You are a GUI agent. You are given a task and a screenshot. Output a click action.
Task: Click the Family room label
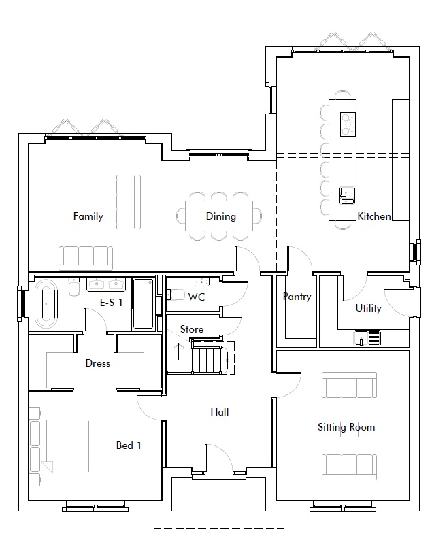pos(88,216)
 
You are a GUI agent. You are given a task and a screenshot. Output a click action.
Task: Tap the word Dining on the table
pos(221,216)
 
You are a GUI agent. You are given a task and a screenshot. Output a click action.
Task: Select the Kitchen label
pos(374,216)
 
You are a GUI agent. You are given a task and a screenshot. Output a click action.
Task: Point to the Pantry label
pos(297,297)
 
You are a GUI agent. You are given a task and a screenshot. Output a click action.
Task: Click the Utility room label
pos(369,308)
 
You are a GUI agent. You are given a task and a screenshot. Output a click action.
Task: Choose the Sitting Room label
pos(346,427)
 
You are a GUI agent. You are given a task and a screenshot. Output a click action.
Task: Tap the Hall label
pos(220,411)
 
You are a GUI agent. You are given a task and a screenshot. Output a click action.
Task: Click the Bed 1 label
pos(129,445)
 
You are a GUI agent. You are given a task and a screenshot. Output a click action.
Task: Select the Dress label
pos(98,363)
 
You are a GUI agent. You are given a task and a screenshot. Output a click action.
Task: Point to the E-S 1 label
pos(111,302)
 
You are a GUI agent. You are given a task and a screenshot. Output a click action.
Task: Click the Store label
pos(192,329)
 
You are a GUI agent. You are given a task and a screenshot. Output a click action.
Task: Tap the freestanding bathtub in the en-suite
pos(47,303)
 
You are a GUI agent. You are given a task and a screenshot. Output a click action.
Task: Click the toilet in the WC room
pos(176,295)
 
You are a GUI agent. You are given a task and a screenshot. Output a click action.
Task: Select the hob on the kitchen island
pos(348,124)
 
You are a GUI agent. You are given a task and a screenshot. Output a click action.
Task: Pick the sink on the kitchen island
pos(347,196)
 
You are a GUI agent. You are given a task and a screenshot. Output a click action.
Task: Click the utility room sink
pos(367,338)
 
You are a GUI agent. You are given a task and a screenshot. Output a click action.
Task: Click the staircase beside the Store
pos(207,357)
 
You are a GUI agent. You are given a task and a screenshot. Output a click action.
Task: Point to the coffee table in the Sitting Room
pos(349,429)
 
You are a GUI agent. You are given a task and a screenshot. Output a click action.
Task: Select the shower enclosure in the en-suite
pos(144,303)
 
